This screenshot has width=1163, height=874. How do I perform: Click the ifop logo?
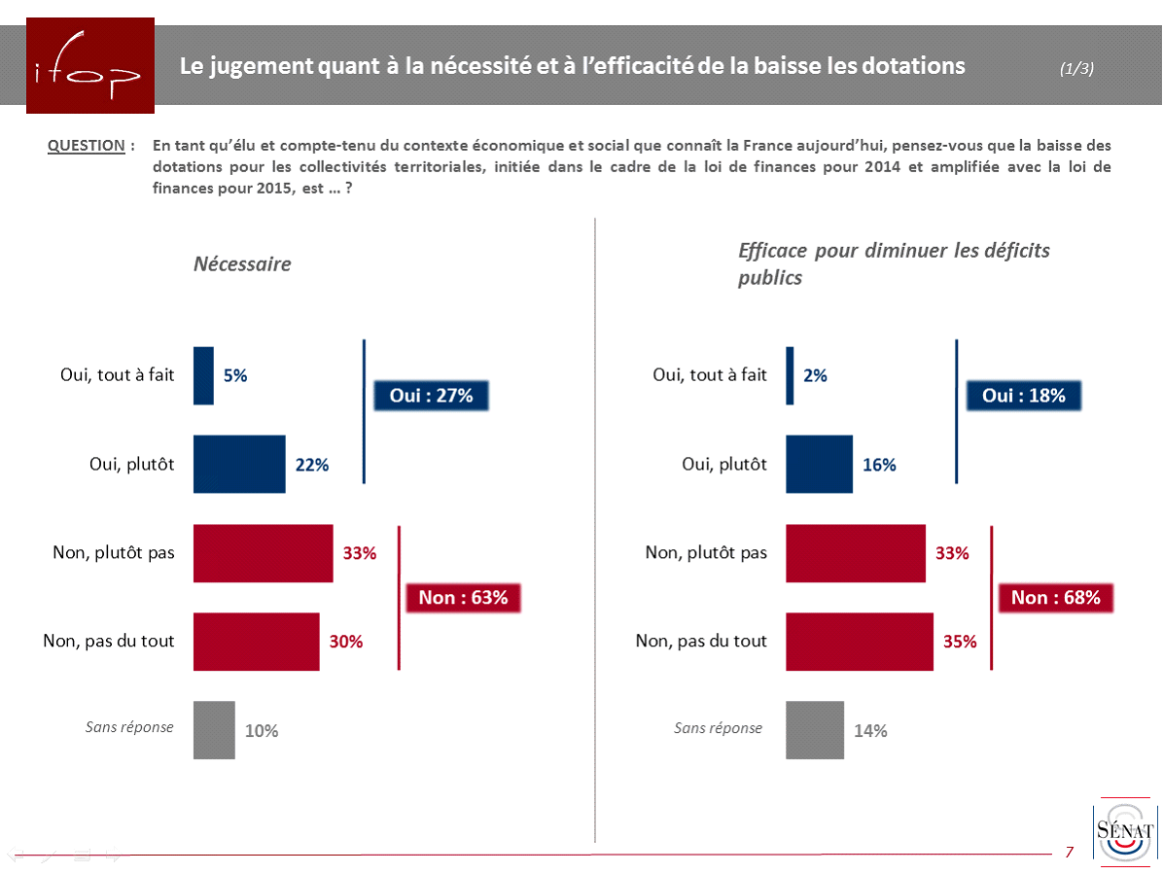pos(90,66)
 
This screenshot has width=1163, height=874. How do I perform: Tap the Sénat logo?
pos(1124,831)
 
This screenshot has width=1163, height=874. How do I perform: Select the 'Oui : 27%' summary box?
pos(431,396)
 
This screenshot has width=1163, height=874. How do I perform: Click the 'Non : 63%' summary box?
pos(463,598)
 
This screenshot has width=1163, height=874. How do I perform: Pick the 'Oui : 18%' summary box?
pos(1023,396)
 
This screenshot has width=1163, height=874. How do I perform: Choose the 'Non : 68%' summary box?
pos(1055,598)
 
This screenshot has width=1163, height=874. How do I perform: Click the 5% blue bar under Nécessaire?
pos(203,375)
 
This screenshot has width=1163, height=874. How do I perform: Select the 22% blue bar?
pos(239,464)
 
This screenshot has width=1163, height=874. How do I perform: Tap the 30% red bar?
pos(257,642)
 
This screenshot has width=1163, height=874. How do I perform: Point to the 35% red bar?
pos(860,642)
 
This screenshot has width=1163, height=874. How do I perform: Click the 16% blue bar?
pos(819,464)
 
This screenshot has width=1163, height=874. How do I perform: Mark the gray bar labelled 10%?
pos(214,729)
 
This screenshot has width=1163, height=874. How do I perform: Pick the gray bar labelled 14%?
pos(815,729)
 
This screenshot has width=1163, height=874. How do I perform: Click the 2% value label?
pos(815,375)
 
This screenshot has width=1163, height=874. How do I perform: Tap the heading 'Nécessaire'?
pos(242,264)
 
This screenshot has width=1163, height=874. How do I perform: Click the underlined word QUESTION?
pos(87,146)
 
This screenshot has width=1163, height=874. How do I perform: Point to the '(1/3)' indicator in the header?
pos(1076,68)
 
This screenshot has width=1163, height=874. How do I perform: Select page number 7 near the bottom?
pos(1070,852)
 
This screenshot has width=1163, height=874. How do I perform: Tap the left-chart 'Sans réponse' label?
pos(129,726)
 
